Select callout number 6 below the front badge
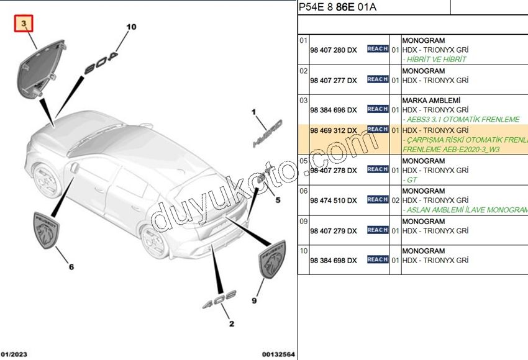71,267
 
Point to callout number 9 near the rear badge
254,300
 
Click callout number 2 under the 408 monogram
232,324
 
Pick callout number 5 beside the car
278,200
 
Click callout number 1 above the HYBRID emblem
253,112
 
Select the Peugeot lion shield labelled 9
271,260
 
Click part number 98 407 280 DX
334,50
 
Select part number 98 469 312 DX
334,130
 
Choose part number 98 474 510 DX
334,200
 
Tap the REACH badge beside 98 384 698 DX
378,259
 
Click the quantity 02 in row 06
395,200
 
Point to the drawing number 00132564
278,354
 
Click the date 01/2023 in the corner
13,354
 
